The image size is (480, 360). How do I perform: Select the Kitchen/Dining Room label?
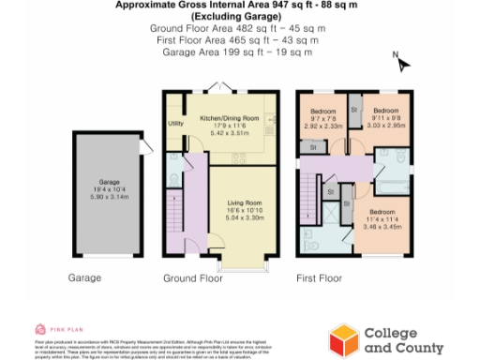tap(229, 120)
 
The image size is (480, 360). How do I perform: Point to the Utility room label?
tap(175, 123)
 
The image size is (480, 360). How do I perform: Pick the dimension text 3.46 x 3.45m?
tap(386, 228)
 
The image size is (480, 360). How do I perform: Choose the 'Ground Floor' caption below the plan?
tap(191, 278)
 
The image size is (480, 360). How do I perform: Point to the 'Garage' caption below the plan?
tap(85, 278)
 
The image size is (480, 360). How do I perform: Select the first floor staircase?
tap(309, 192)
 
